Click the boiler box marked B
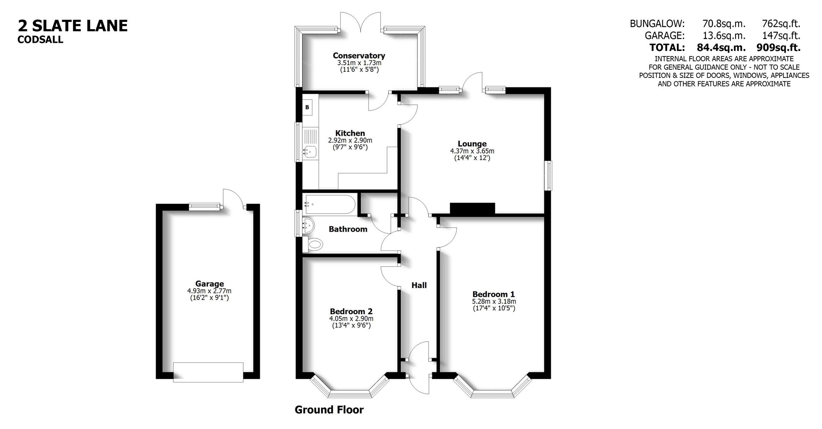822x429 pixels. [x=307, y=107]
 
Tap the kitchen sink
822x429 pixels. [x=309, y=151]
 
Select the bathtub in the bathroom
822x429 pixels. [x=329, y=204]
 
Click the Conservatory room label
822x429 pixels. [x=359, y=56]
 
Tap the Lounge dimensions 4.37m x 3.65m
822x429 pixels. [x=472, y=151]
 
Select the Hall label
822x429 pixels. [x=419, y=285]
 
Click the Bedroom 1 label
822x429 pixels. [x=493, y=294]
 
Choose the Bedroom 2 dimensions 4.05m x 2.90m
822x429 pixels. [x=351, y=319]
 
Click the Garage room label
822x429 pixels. [x=209, y=283]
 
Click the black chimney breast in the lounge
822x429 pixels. [x=472, y=208]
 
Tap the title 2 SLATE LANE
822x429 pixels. [x=73, y=26]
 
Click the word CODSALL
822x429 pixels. [x=40, y=40]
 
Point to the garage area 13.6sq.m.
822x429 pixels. [x=724, y=36]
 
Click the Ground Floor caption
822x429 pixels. [x=329, y=410]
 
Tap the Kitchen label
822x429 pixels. [x=350, y=133]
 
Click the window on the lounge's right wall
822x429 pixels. [x=548, y=176]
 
